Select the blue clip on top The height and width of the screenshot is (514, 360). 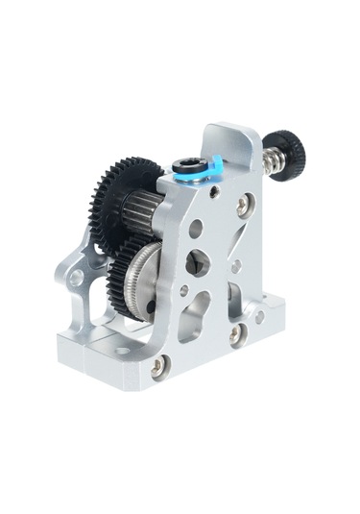click(212, 168)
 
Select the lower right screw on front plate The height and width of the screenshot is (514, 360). click(235, 335)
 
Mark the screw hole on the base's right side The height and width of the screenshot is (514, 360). click(259, 315)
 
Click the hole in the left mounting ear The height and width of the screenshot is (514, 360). click(76, 278)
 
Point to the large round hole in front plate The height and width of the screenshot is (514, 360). click(196, 229)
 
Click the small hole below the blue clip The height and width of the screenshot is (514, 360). click(212, 191)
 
